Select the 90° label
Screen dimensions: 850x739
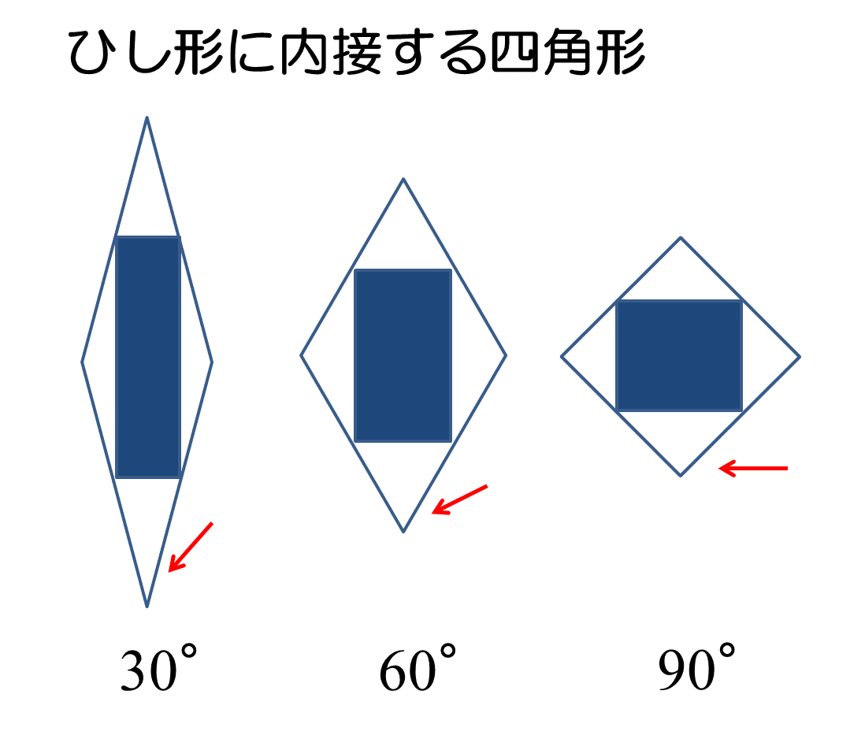(x=696, y=667)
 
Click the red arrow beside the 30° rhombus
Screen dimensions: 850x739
(x=191, y=547)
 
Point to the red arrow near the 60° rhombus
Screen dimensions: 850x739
(x=460, y=499)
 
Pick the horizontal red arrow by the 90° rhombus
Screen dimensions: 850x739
(x=753, y=468)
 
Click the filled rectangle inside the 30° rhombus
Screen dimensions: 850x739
(x=148, y=358)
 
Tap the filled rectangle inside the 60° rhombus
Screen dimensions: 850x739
(x=403, y=355)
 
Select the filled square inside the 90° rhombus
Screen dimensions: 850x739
(x=679, y=355)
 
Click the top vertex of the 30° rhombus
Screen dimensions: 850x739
(x=147, y=117)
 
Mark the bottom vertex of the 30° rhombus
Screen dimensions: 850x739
(x=147, y=607)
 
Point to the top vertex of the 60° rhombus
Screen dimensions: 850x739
(x=403, y=179)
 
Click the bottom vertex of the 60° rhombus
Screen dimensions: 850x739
(x=403, y=532)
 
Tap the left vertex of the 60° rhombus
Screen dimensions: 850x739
(x=302, y=355)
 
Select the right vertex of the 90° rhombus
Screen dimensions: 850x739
(x=800, y=357)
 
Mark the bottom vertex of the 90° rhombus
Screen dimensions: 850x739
(x=681, y=476)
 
